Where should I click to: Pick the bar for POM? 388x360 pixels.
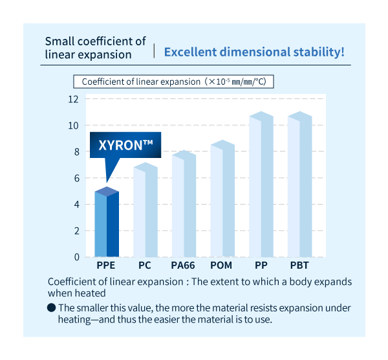[222, 201]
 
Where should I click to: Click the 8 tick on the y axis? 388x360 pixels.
[76, 152]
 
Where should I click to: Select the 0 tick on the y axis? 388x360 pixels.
[76, 257]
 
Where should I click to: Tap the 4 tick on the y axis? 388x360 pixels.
[76, 204]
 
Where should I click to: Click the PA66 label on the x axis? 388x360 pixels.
[183, 266]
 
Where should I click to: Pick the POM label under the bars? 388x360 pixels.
[222, 266]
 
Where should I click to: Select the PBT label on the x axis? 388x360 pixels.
[299, 266]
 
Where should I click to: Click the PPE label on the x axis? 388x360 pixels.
[106, 266]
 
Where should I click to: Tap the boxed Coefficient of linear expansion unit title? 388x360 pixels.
[175, 82]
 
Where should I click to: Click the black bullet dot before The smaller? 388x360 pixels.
[51, 308]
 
